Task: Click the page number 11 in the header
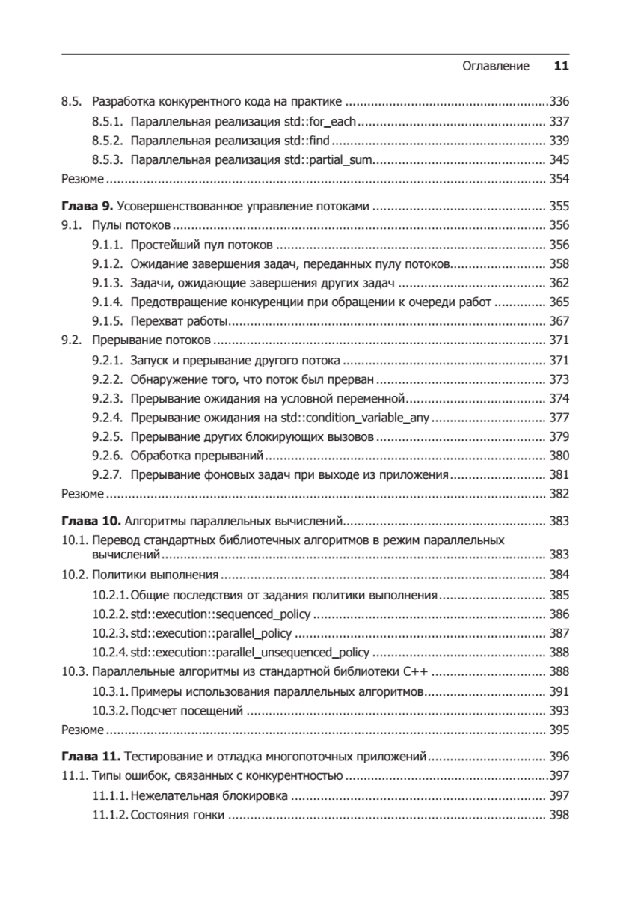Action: [x=562, y=66]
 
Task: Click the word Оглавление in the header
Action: [x=497, y=66]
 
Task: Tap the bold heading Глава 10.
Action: [x=89, y=520]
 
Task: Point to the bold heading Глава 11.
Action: [x=89, y=756]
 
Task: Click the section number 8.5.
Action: [x=70, y=101]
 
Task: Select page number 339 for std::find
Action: [x=559, y=140]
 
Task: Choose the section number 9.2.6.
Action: [x=108, y=455]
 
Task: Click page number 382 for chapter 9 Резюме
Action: [x=559, y=494]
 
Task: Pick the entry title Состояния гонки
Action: [x=177, y=814]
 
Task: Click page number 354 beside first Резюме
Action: [x=559, y=179]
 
